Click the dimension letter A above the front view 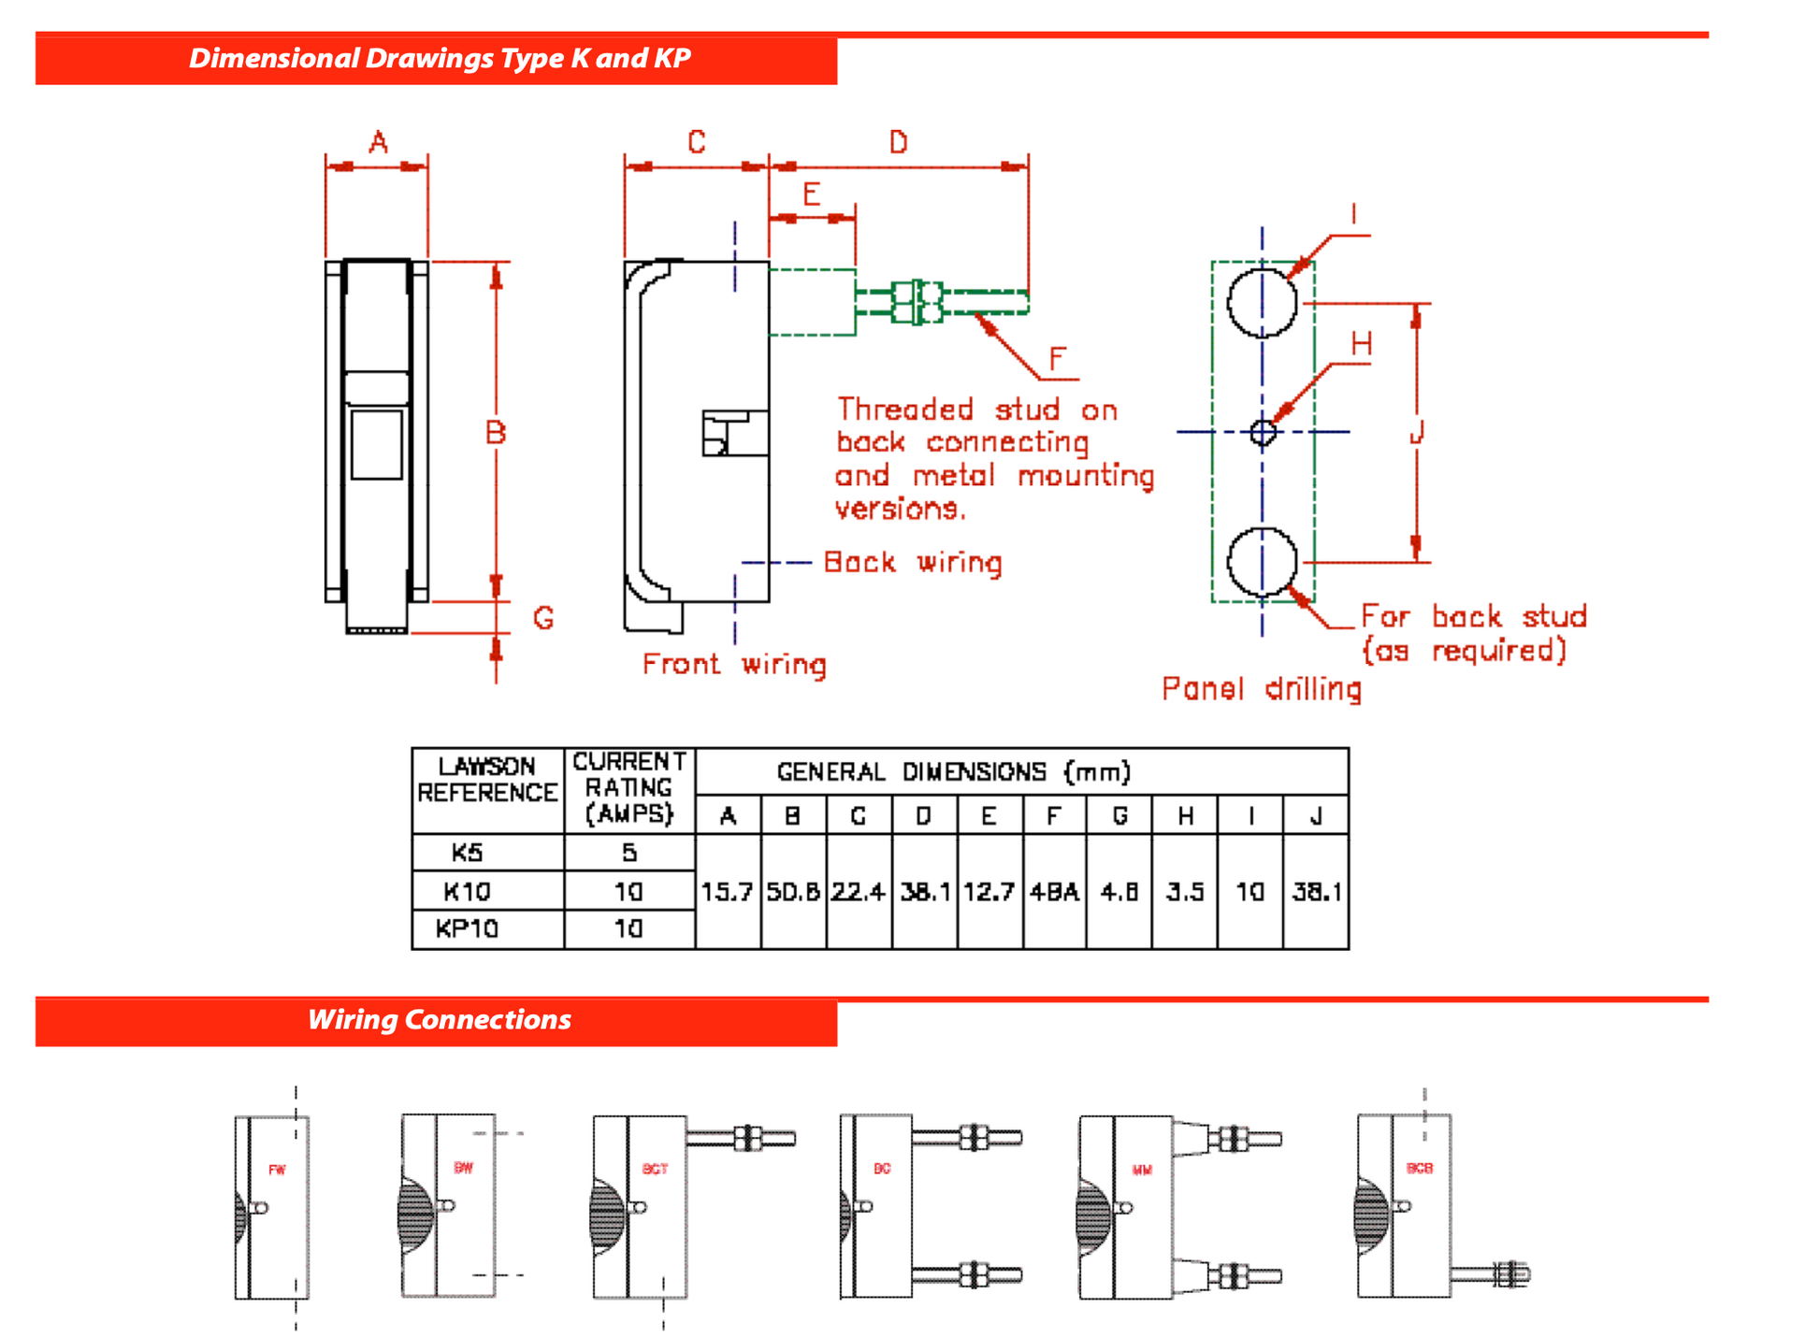click(x=378, y=143)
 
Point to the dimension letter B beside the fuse click(x=496, y=433)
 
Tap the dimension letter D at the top click(x=898, y=143)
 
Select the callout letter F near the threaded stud click(x=1057, y=359)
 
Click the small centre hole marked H click(x=1263, y=433)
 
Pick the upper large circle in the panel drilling click(x=1263, y=302)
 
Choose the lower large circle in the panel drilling click(x=1263, y=562)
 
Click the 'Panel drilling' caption click(x=1261, y=690)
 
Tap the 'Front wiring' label click(x=734, y=665)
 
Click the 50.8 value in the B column click(x=793, y=893)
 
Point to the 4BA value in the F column click(x=1054, y=893)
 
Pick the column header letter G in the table click(x=1119, y=816)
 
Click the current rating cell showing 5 click(x=629, y=853)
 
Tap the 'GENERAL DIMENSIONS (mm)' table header click(x=954, y=772)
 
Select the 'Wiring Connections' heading click(x=439, y=1020)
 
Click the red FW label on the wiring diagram click(x=277, y=1170)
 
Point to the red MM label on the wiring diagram click(x=1142, y=1170)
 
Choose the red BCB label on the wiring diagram click(x=1420, y=1169)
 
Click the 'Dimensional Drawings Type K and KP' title click(x=440, y=59)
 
